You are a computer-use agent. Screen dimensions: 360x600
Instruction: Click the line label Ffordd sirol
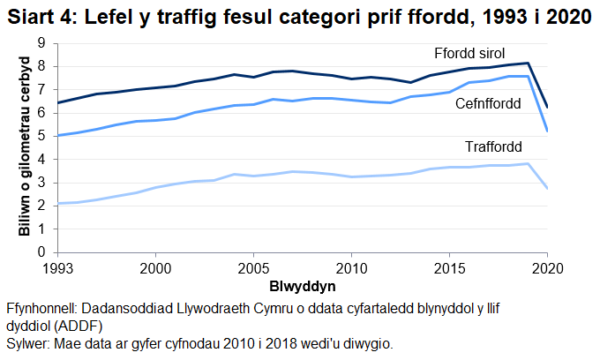point(468,52)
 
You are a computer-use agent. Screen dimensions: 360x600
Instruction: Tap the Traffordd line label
point(493,146)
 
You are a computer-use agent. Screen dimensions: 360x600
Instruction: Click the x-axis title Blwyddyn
point(302,287)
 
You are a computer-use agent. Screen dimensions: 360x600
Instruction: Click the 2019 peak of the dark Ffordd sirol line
point(528,63)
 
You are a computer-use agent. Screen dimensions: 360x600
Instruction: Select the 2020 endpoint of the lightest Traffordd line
point(547,188)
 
